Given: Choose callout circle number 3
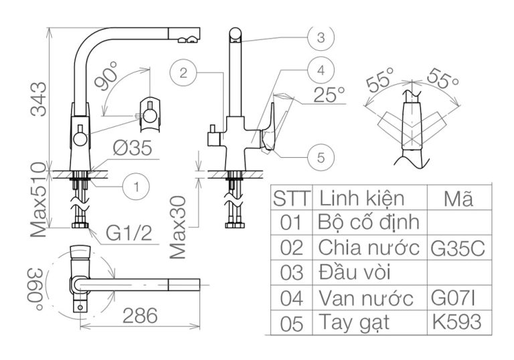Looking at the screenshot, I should click(x=321, y=37).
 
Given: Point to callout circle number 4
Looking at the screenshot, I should click(x=321, y=70).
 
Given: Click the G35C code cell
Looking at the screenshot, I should click(x=456, y=247).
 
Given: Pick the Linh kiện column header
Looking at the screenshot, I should click(x=361, y=198).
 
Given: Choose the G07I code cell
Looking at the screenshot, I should click(x=456, y=297).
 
